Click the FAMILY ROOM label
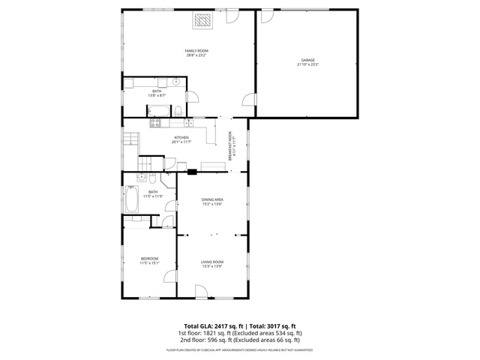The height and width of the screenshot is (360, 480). point(196,50)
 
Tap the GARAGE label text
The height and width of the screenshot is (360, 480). point(307,60)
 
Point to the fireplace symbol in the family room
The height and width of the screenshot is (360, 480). point(202,21)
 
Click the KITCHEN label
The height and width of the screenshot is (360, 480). point(181,137)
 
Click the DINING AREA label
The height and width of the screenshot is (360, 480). point(212,199)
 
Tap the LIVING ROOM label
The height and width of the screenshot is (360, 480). point(212,262)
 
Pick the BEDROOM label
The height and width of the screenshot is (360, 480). point(149,259)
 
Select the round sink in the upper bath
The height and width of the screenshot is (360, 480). point(175,80)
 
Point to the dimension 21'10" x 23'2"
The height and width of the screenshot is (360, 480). point(307,64)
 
